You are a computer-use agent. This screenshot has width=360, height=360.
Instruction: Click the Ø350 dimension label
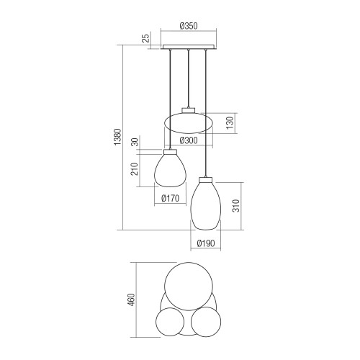coord(189,26)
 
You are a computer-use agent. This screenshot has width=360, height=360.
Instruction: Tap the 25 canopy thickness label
coord(146,38)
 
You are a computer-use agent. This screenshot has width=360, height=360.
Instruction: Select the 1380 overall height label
coord(117,137)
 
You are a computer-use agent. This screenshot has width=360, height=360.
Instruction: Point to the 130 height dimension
coord(230,122)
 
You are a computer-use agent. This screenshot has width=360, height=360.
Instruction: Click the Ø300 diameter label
coord(189,140)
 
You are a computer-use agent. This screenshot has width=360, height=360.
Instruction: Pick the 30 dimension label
coord(135,142)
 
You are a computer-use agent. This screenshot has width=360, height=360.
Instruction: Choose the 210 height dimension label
coord(135,169)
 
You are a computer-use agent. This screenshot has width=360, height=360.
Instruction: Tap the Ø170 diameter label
coord(171,198)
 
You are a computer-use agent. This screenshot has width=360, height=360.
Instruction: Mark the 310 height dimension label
coord(236,206)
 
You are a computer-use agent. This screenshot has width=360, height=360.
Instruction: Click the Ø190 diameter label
coord(206,243)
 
